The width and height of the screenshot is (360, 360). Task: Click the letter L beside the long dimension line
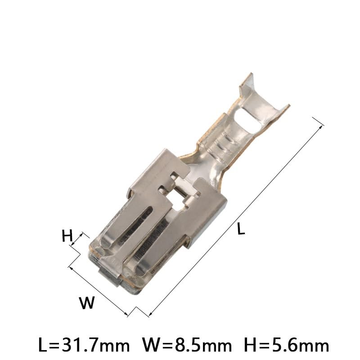pos(241,229)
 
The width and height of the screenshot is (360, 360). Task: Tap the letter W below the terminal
pos(87,303)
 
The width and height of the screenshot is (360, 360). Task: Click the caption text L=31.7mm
pos(84,346)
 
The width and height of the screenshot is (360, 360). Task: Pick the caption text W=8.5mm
pos(187,346)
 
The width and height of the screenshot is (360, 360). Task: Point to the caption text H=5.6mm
pos(286,346)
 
